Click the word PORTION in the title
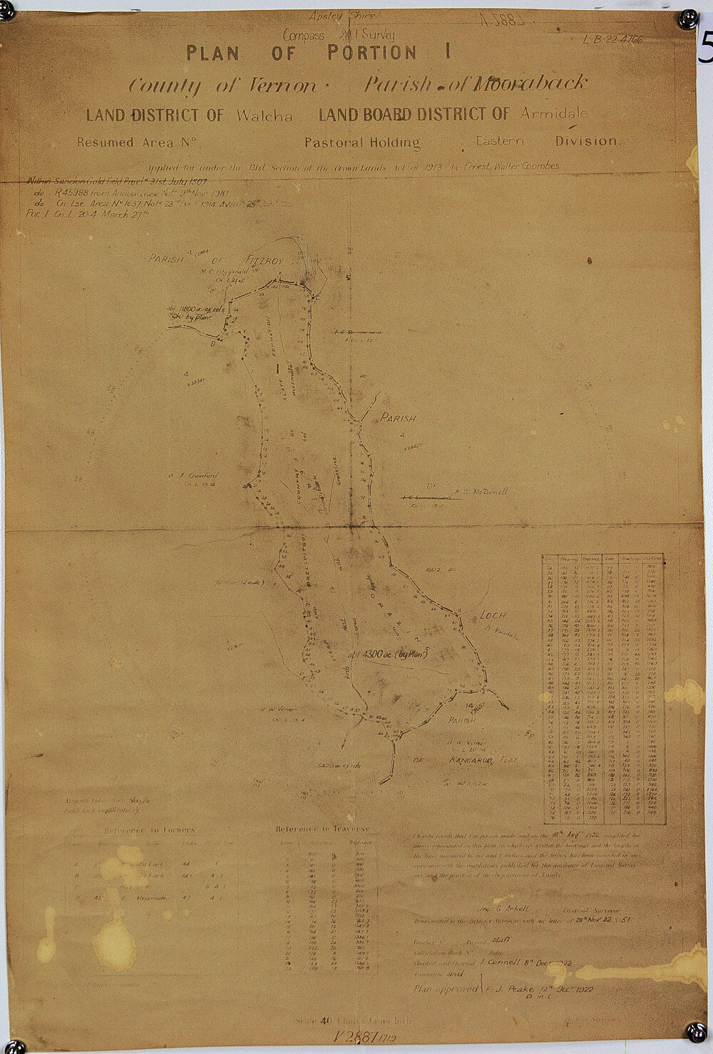[x=369, y=53]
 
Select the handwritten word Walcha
[x=263, y=115]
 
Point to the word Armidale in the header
[x=555, y=113]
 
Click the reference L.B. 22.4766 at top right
[x=611, y=39]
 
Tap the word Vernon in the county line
[x=277, y=85]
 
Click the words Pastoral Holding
[x=362, y=143]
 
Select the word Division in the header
[x=588, y=140]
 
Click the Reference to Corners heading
[x=149, y=830]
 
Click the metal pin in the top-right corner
[x=688, y=16]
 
